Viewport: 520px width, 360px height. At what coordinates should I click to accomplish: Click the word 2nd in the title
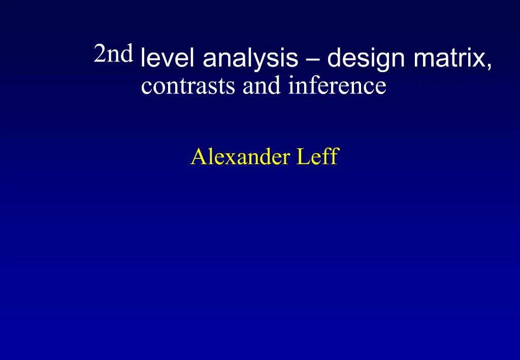click(113, 53)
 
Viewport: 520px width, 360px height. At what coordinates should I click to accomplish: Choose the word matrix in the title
click(451, 59)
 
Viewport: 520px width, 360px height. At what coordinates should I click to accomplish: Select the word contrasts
click(188, 86)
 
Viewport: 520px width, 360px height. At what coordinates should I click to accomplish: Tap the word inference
click(337, 85)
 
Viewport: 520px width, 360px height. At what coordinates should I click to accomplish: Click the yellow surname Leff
click(317, 157)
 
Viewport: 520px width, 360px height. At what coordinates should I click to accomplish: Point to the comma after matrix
click(489, 66)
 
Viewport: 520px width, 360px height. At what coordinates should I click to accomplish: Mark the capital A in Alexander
click(197, 157)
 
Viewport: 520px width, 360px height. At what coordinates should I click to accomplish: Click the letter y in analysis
click(267, 61)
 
